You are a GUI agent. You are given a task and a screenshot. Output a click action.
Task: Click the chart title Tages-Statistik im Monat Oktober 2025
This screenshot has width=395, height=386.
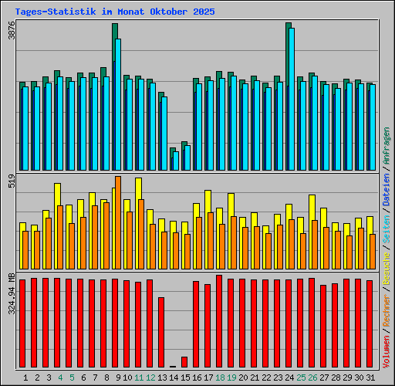[x=115, y=12]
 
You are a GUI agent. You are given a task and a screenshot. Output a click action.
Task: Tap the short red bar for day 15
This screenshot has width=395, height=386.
[x=184, y=361]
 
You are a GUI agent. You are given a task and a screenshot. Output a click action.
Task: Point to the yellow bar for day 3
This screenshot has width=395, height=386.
[x=46, y=232]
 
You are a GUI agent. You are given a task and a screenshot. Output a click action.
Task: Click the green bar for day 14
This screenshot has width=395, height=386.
[x=172, y=158]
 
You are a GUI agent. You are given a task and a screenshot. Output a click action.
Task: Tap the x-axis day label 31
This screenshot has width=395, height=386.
[x=370, y=378]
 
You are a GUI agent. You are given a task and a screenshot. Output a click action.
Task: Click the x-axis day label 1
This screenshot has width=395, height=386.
[x=25, y=378]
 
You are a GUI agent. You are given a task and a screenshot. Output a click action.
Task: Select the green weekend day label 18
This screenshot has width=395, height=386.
[x=220, y=378]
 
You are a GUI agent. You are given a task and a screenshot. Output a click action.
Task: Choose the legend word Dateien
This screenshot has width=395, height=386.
[x=387, y=189]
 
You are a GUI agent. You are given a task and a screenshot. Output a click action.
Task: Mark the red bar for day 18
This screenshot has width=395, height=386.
[x=219, y=320]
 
